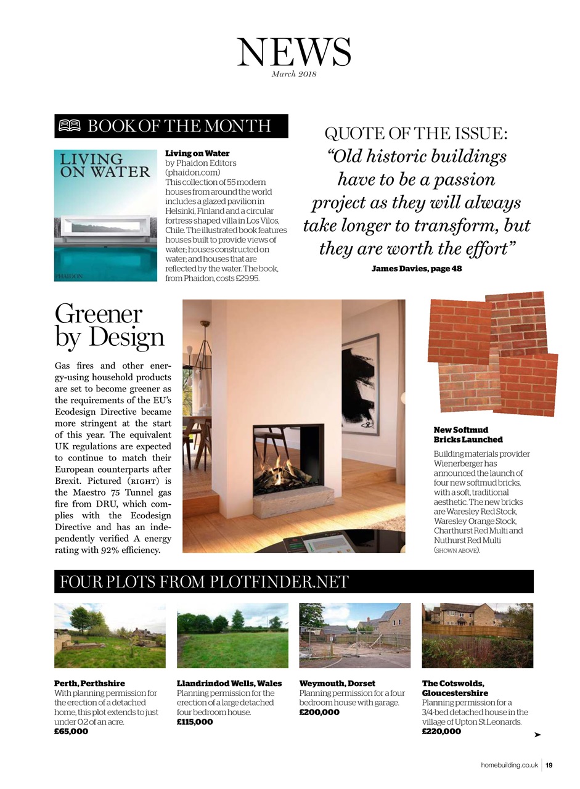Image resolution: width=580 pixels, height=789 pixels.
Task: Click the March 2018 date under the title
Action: [293, 75]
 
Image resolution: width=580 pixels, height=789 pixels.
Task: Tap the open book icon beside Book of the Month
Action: [69, 126]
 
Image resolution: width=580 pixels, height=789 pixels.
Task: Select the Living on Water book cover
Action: [105, 215]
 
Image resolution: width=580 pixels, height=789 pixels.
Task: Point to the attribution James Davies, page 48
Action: [416, 269]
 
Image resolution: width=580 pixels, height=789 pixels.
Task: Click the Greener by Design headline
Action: [109, 325]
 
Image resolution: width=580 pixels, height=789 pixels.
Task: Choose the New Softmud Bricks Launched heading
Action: [468, 435]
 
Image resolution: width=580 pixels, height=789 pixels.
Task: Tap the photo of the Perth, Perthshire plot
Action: [110, 635]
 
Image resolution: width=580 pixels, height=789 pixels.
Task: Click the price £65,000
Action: [71, 731]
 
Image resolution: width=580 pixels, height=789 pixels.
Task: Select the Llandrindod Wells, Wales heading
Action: [229, 683]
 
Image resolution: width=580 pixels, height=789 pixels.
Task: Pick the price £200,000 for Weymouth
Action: [319, 712]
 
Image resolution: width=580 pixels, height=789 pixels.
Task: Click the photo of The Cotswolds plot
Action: [477, 635]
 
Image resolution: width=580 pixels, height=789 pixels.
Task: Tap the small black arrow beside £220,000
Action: [537, 735]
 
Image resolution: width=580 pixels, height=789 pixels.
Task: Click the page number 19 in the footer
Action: [549, 765]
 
